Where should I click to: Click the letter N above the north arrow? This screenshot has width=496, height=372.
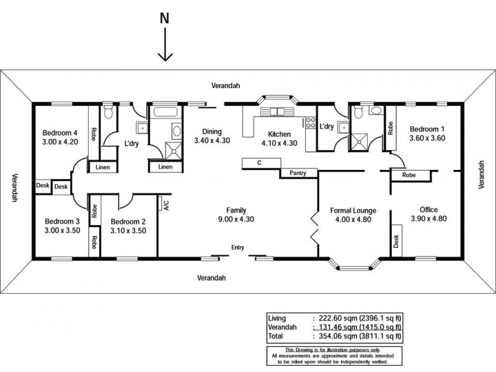pos(164,18)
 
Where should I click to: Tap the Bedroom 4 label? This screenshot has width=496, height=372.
pos(60,133)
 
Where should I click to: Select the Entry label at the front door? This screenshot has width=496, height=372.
pos(237,247)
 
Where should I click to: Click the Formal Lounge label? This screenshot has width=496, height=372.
pos(353,211)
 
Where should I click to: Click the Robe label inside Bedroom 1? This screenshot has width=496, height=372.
pos(391,128)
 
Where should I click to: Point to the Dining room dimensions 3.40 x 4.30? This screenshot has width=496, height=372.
pos(212,141)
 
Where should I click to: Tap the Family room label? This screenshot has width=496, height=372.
pos(236,210)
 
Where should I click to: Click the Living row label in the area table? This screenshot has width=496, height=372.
pos(277,317)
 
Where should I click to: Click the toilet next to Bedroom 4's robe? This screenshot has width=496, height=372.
pos(108,113)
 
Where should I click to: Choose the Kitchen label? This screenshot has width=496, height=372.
pos(280,134)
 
